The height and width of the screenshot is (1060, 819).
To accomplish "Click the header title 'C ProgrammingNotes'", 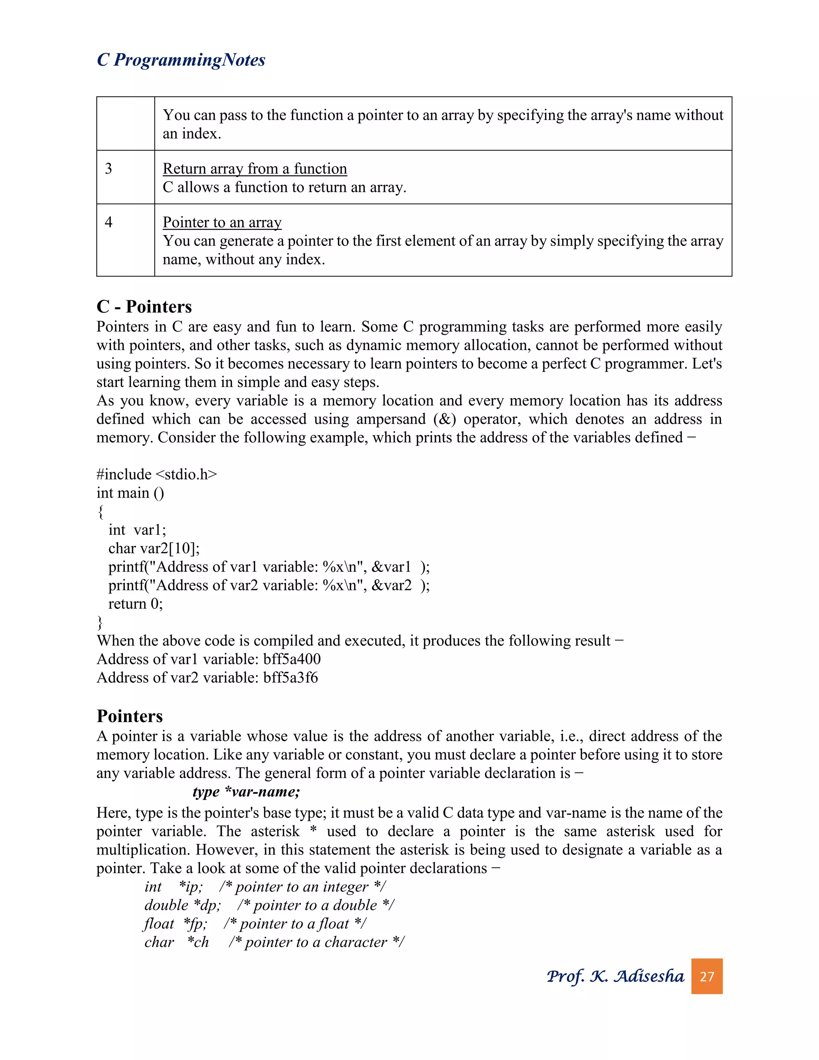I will [181, 60].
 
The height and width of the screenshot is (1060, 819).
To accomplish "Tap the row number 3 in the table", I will [109, 168].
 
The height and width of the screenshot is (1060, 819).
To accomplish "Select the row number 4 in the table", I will [109, 222].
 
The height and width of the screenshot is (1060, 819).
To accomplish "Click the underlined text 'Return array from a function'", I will [255, 168].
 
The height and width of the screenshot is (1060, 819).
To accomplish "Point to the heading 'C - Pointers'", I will [144, 307].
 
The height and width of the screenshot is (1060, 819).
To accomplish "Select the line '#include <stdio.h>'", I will [157, 474].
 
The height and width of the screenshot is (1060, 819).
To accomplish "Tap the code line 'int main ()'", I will [130, 493].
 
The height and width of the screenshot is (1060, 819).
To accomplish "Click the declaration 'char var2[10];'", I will [154, 548].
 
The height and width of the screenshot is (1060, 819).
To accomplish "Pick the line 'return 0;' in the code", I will [136, 603].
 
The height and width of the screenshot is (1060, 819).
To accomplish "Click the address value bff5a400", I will [292, 659].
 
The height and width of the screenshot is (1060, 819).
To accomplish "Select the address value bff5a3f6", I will [290, 677].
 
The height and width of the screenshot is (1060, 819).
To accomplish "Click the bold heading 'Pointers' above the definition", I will [130, 716].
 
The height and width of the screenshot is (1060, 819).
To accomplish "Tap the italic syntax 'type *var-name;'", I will [246, 792].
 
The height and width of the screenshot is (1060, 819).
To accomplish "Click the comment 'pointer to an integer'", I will [302, 886].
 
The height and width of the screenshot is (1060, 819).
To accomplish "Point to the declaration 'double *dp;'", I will [182, 905].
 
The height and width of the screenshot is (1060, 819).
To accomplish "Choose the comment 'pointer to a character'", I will [316, 942].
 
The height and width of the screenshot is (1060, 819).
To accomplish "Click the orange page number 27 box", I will [707, 976].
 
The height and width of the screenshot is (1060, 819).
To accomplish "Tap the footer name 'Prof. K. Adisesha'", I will [615, 976].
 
